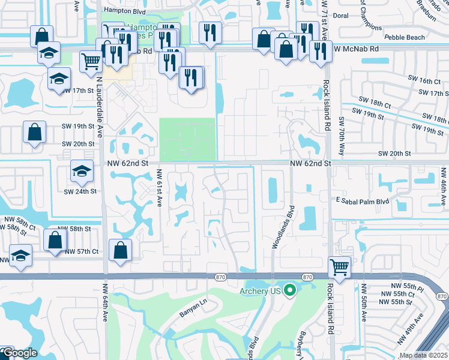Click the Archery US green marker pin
tap(291, 291)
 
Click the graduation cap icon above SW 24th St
tap(81, 172)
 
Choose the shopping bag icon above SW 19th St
tap(34, 131)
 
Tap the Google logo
tap(19, 353)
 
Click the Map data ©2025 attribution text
tap(423, 355)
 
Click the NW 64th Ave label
tap(105, 304)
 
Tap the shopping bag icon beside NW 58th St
tap(55, 240)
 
